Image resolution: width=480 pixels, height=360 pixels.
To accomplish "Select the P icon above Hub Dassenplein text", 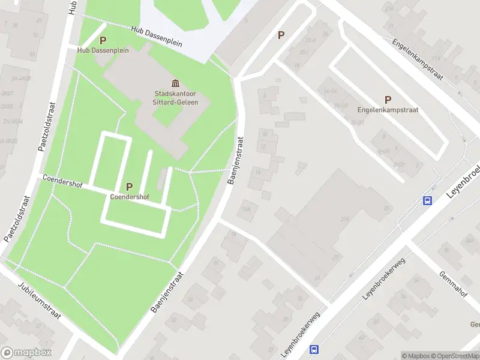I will (103, 41).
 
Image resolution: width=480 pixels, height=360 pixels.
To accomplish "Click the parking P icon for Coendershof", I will (129, 187).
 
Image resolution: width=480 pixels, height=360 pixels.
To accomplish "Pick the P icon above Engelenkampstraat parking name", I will (388, 100).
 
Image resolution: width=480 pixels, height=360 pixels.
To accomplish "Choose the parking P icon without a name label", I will (281, 35).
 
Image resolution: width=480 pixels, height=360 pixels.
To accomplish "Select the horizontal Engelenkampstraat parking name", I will (388, 110).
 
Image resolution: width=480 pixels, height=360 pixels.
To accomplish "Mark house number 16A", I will (245, 209).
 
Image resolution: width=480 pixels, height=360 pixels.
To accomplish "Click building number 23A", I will (344, 219).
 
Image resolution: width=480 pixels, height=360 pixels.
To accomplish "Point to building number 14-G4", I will (331, 91).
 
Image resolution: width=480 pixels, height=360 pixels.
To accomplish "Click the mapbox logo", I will (26, 353).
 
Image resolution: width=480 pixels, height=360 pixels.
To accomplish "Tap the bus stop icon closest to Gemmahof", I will (428, 201).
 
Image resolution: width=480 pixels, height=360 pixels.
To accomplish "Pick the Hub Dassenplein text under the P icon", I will (103, 50).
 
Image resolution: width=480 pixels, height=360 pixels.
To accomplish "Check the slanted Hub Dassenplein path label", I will (157, 38).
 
